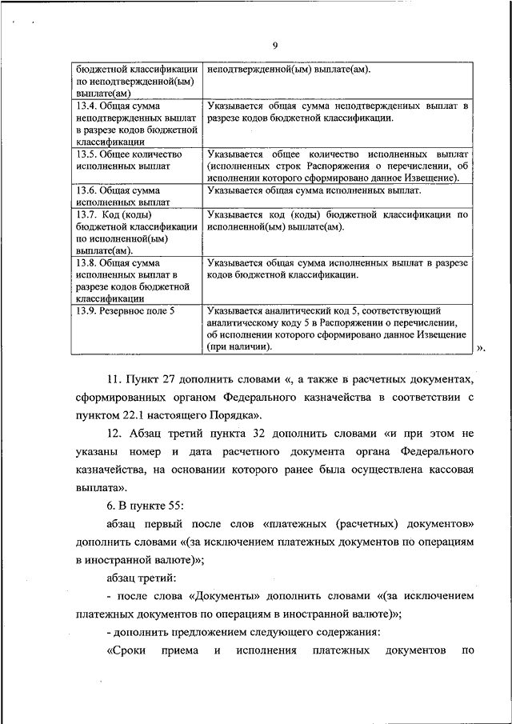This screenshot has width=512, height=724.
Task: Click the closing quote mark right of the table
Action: [481, 348]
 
